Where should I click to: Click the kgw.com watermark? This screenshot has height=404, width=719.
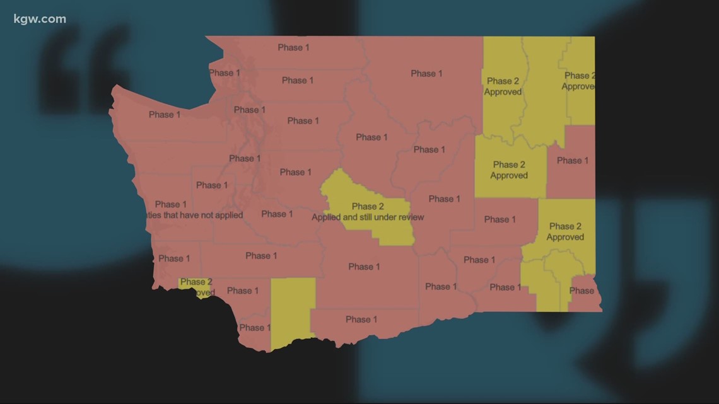click(38, 19)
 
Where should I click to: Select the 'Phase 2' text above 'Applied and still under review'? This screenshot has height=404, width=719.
click(368, 207)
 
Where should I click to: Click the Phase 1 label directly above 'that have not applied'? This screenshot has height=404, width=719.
click(171, 204)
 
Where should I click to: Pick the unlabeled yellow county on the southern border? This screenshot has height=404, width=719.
click(292, 312)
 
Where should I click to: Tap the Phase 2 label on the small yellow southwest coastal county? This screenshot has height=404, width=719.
click(196, 282)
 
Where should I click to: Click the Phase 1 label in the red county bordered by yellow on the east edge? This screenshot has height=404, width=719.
click(572, 161)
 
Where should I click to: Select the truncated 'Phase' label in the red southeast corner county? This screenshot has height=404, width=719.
click(582, 291)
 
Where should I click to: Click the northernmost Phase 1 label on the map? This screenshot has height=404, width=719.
click(293, 48)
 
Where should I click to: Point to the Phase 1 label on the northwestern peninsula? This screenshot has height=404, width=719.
click(165, 115)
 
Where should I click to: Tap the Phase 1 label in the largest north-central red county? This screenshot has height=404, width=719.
click(426, 74)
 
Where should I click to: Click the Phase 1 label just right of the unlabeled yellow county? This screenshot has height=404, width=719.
click(358, 320)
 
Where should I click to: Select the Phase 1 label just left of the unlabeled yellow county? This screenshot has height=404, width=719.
click(243, 291)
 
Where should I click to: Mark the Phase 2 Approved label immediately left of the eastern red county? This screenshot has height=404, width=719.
click(509, 170)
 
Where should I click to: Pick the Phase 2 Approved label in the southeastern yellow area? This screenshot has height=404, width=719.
click(565, 231)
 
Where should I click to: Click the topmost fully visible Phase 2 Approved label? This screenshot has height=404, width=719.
click(503, 86)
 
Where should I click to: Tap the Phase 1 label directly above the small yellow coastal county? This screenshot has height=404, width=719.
click(174, 258)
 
